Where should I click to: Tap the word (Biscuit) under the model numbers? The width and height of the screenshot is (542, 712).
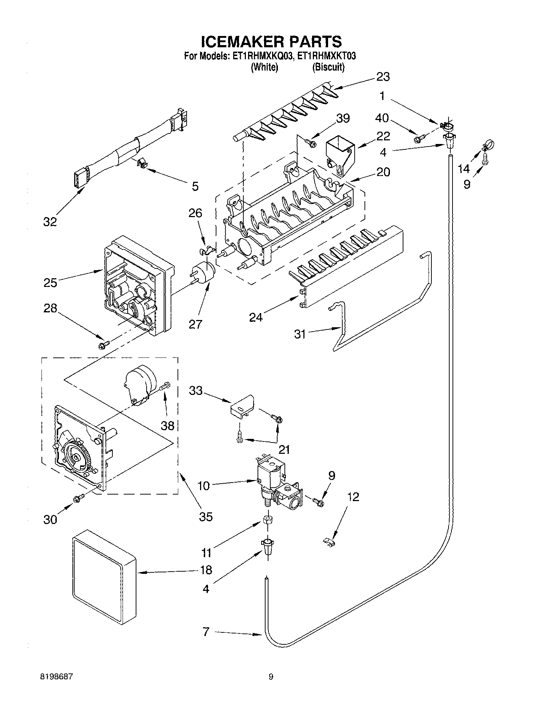(328, 67)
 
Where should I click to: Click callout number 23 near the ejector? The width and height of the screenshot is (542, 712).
(383, 77)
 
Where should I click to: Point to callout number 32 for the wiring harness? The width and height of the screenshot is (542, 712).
(50, 221)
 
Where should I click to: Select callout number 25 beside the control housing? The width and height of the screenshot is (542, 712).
(50, 283)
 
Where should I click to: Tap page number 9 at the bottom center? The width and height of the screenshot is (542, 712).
(271, 677)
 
